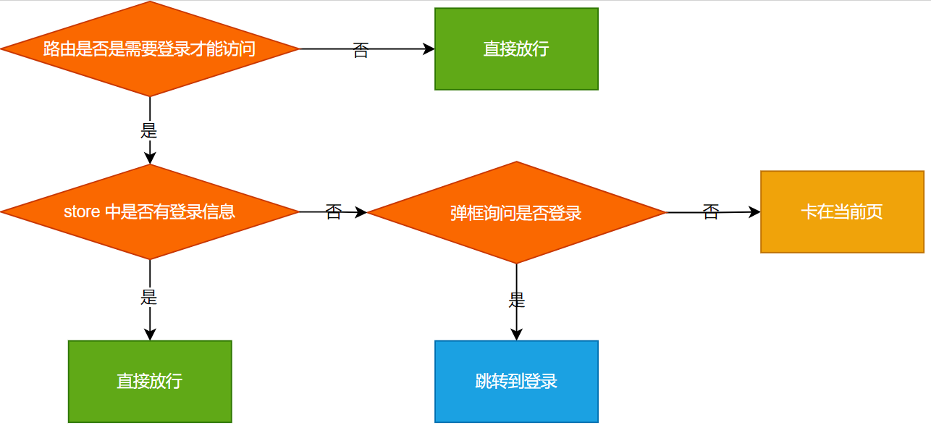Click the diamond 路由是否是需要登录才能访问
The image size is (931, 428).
tap(150, 49)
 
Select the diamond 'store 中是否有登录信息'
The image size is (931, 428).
tap(150, 212)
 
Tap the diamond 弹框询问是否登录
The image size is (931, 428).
tap(516, 213)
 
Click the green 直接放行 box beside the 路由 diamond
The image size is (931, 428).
tap(516, 49)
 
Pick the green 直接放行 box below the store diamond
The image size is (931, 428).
tap(150, 382)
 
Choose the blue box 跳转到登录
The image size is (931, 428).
tap(516, 382)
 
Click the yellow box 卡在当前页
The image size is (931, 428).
tap(842, 212)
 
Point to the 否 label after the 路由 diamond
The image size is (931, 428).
tap(361, 50)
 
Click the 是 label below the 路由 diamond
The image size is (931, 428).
tap(149, 131)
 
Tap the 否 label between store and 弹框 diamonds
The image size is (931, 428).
tap(333, 212)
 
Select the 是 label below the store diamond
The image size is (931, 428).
tap(149, 297)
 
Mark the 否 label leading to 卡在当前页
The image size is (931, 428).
tap(711, 212)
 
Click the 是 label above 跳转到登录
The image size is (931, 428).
tap(516, 300)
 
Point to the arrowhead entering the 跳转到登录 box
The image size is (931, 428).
tap(516, 335)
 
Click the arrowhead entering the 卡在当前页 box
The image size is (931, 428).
tap(754, 212)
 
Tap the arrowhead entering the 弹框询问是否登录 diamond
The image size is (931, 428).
tap(361, 213)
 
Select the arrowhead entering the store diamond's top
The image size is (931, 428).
tap(150, 158)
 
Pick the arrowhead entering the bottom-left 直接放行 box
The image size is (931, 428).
tap(150, 335)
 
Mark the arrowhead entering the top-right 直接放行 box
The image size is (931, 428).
tap(429, 49)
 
